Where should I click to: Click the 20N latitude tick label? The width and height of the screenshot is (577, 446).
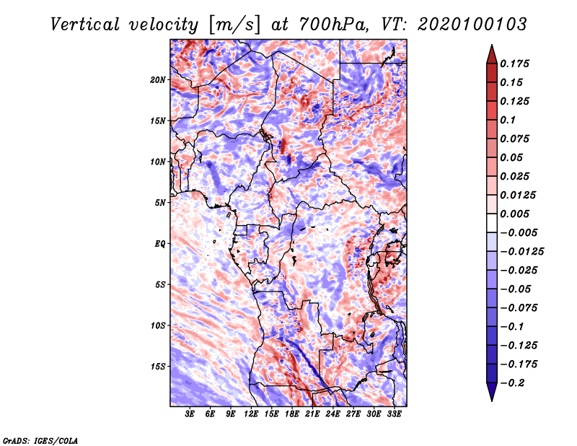158,79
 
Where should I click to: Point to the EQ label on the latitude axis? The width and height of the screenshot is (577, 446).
159,243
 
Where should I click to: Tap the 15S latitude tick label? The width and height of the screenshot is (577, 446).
158,366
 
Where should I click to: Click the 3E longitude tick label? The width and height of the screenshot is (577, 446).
190,414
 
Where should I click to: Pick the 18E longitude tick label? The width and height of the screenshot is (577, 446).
292,414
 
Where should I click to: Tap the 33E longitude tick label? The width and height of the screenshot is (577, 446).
394,414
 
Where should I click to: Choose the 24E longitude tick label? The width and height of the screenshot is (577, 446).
332,414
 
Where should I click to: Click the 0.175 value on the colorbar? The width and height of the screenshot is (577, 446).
516,64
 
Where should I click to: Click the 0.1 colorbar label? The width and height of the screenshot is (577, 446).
508,120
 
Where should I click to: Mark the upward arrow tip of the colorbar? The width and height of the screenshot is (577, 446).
490,47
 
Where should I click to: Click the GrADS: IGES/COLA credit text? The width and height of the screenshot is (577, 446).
40,440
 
